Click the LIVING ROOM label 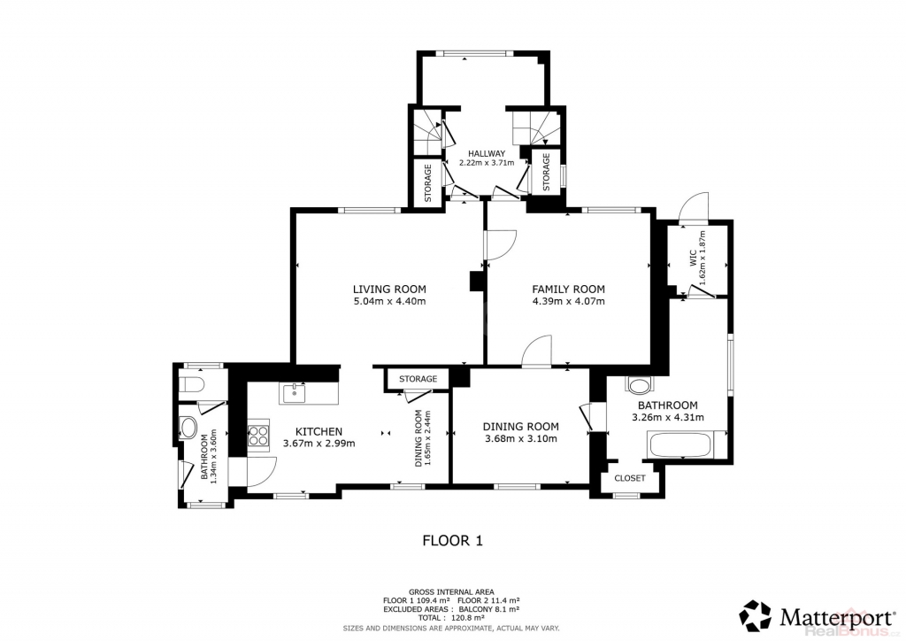point(389,289)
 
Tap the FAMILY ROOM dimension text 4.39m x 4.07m point(569,301)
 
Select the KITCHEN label point(319,432)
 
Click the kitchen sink point(296,393)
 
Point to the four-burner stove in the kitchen point(259,435)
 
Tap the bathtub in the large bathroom point(681,445)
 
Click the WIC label point(694,260)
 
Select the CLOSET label point(630,479)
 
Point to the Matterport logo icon point(756,615)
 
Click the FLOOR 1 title point(453,541)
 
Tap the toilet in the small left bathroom point(191,384)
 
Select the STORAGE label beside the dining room point(418,379)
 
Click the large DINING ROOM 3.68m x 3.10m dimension point(520,439)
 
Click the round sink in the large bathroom point(639,385)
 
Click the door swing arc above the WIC point(694,208)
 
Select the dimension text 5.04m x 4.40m point(389,301)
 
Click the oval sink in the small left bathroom point(188,429)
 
